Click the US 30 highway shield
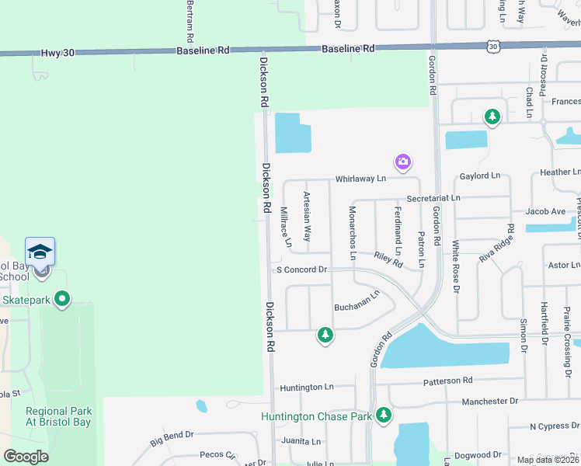coord(493,47)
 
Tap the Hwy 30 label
coord(57,51)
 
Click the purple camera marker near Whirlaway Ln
coord(402,162)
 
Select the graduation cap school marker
coord(40,252)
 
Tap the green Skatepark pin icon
coord(63,298)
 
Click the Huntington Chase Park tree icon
coord(383,416)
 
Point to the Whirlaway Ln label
coord(360,179)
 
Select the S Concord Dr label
coord(303,270)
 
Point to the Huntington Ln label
coord(307,387)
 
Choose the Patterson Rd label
coord(447,381)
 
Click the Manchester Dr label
coord(489,402)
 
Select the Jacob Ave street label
coord(545,211)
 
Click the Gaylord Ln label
coord(480,176)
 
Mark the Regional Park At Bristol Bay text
coord(58,416)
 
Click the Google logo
coord(26,456)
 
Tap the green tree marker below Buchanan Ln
coord(325,335)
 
